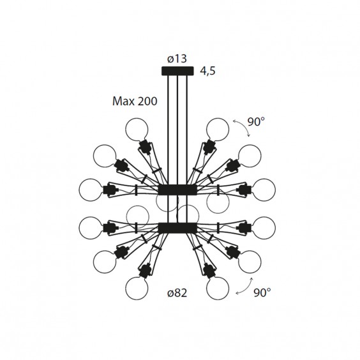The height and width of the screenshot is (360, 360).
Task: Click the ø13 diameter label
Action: click(177, 59)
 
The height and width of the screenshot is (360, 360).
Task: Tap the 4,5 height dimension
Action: click(208, 71)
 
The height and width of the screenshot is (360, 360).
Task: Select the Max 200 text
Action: click(135, 101)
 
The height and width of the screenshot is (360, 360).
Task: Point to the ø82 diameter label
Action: click(177, 293)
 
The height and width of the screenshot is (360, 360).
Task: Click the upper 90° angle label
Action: click(256, 122)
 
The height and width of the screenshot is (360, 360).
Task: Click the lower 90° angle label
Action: click(262, 292)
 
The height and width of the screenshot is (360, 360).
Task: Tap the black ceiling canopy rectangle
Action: click(177, 71)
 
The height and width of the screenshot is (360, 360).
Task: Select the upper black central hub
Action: click(177, 190)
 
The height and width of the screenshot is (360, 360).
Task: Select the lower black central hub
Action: click(177, 228)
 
